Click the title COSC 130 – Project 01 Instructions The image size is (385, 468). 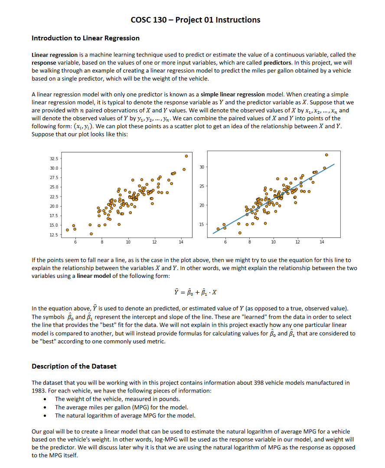pos(195,20)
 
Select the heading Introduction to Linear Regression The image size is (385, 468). pos(85,38)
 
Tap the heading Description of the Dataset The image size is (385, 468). pos(74,366)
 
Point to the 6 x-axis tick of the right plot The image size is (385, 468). pos(225,241)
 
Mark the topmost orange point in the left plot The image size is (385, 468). pos(186,155)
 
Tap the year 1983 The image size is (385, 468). pos(39,391)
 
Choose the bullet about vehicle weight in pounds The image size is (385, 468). pos(117,399)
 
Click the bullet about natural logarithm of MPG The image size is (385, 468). pos(125,415)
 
